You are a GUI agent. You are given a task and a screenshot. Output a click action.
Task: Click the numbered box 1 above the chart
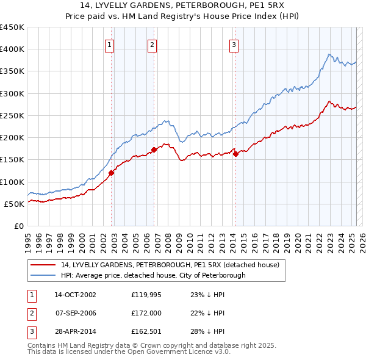coord(109,44)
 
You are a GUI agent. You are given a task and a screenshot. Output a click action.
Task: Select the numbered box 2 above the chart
coord(151,44)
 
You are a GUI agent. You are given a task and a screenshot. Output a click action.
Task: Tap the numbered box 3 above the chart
coord(234,44)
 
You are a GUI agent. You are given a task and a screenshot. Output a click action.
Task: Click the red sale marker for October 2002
coord(112,173)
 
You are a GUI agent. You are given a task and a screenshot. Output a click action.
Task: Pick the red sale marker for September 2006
coord(154,149)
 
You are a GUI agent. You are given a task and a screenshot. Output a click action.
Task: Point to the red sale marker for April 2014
coord(235,154)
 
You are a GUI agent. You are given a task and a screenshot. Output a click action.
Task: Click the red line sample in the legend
coord(43,265)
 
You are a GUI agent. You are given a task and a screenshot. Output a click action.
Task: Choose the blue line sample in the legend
coord(43,275)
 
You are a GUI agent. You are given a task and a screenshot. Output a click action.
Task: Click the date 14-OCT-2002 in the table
coord(75,294)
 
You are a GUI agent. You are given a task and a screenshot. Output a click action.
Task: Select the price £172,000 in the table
coord(148,314)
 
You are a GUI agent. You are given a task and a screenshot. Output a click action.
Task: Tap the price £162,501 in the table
coord(148,333)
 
